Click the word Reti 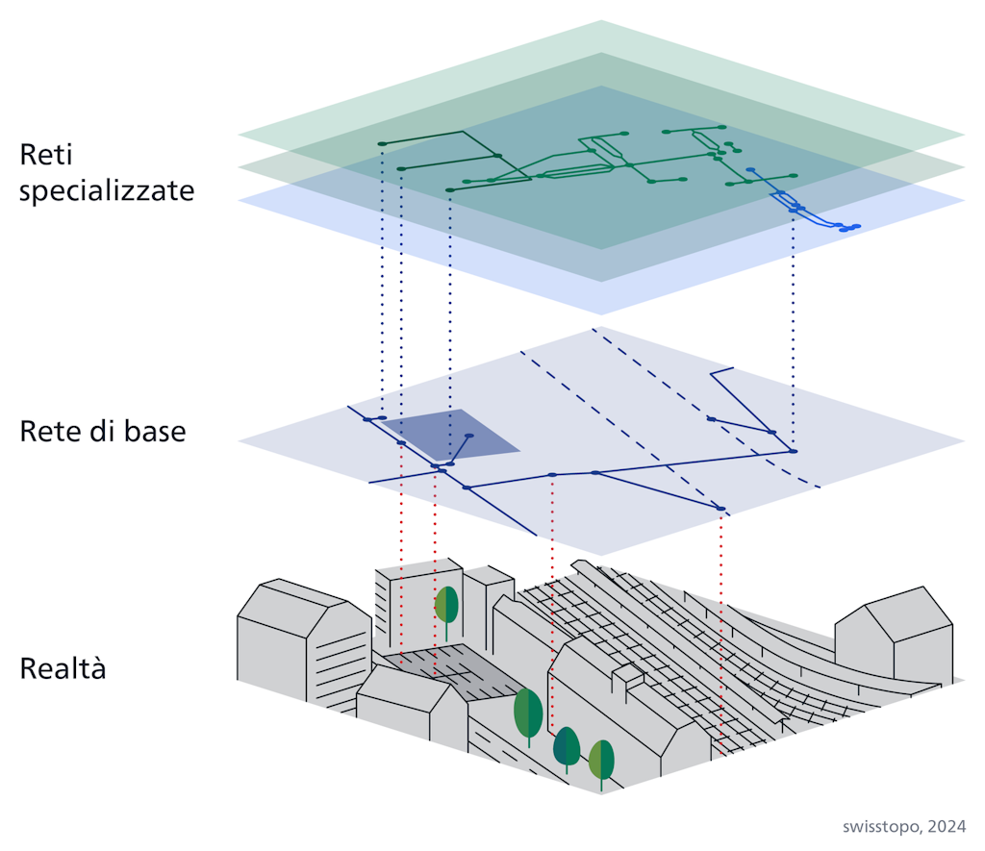pos(46,156)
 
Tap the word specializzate pos(107,190)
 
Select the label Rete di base pos(102,432)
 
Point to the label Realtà pos(63,668)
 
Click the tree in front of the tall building pos(446,607)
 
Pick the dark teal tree pos(567,746)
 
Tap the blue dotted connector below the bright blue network pos(793,327)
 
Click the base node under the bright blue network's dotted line pos(793,451)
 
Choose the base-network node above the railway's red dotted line pos(720,508)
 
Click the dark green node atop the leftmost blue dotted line pos(382,144)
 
